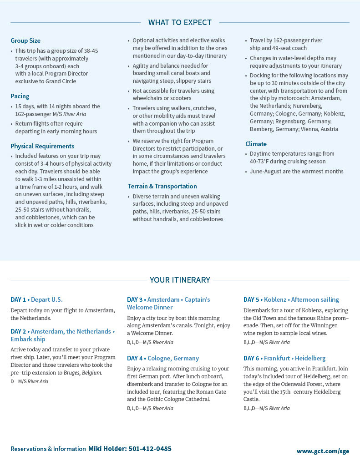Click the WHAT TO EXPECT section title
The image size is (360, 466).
pyautogui.click(x=180, y=22)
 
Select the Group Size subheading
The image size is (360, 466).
pyautogui.click(x=25, y=41)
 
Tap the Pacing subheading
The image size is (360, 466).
pyautogui.click(x=20, y=96)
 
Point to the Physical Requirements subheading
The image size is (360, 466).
pyautogui.click(x=42, y=146)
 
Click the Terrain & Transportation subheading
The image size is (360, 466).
pyautogui.click(x=162, y=186)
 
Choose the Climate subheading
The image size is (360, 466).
pyautogui.click(x=256, y=144)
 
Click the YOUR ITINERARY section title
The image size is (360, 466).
pyautogui.click(x=180, y=280)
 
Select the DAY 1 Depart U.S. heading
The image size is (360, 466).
pyautogui.click(x=36, y=299)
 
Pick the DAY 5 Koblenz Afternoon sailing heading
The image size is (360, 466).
pyautogui.click(x=291, y=299)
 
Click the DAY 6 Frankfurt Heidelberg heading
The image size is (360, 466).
pyautogui.click(x=284, y=358)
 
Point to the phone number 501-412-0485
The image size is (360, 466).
pyautogui.click(x=150, y=449)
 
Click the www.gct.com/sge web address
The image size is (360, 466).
pyautogui.click(x=323, y=451)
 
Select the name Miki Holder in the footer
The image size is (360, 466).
pyautogui.click(x=107, y=449)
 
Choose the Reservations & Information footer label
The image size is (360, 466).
pyautogui.click(x=48, y=449)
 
